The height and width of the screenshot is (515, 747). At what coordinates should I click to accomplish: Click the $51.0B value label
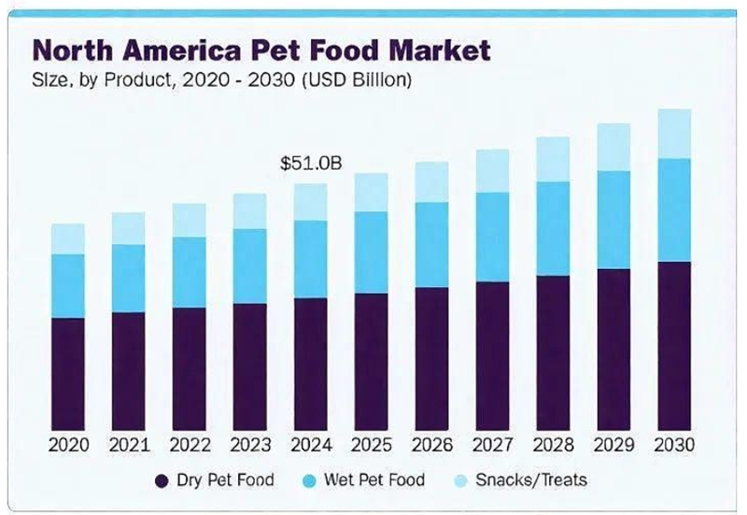[x=311, y=164]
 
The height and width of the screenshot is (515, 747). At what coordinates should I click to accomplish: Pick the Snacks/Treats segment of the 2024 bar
[x=311, y=202]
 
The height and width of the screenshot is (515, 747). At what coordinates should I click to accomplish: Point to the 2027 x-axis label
[x=492, y=445]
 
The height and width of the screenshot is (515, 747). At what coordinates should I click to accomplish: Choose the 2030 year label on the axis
[x=674, y=445]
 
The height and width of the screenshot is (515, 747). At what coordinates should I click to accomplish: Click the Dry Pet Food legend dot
[x=160, y=481]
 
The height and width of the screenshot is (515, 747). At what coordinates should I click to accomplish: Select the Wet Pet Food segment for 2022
[x=190, y=272]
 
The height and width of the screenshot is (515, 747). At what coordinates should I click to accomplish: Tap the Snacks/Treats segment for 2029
[x=613, y=147]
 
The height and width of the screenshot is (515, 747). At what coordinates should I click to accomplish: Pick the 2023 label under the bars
[x=250, y=445]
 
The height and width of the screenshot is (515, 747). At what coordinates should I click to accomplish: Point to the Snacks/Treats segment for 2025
[x=371, y=193]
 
